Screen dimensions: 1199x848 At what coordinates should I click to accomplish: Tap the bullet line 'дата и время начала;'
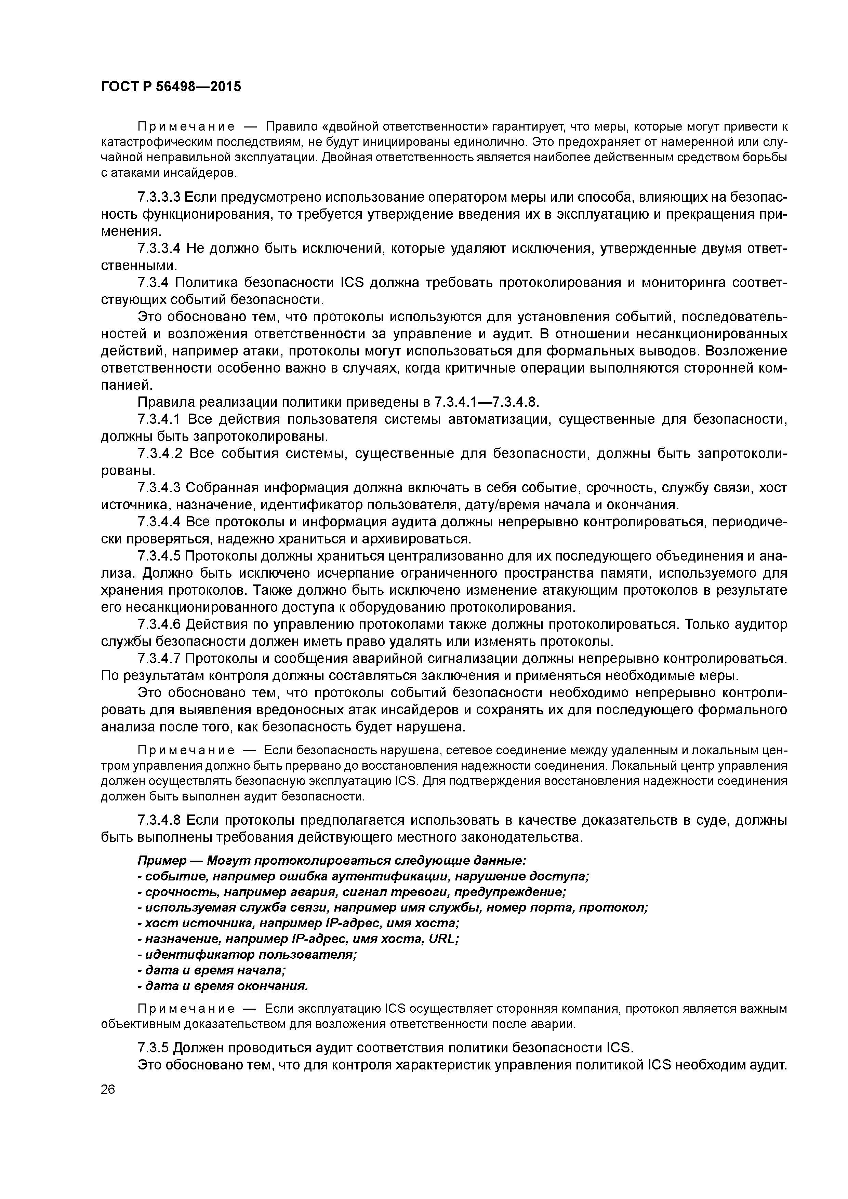[212, 970]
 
